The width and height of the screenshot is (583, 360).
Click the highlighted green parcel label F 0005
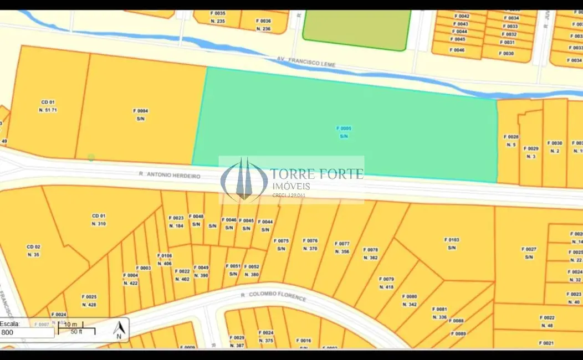pos(344,132)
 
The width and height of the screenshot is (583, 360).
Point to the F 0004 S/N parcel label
pos(141,115)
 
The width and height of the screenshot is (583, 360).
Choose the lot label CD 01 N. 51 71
pos(48,106)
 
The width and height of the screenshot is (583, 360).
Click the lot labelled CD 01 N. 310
pos(98,220)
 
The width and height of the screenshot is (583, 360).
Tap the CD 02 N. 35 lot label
pos(33,250)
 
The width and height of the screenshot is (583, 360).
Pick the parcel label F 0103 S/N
pos(452,244)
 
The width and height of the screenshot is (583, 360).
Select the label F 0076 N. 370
pos(310,245)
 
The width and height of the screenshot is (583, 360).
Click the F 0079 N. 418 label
pos(386,283)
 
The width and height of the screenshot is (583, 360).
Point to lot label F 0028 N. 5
pos(511,140)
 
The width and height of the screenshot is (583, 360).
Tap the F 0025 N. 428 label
pos(89,301)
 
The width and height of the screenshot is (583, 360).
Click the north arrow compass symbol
pos(118,330)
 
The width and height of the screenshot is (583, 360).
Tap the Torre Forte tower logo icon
pos(244,179)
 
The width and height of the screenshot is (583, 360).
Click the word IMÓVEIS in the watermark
pos(290,187)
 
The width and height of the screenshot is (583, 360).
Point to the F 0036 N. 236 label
pos(263,25)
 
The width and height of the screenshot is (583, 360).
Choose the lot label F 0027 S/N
pos(529,253)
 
